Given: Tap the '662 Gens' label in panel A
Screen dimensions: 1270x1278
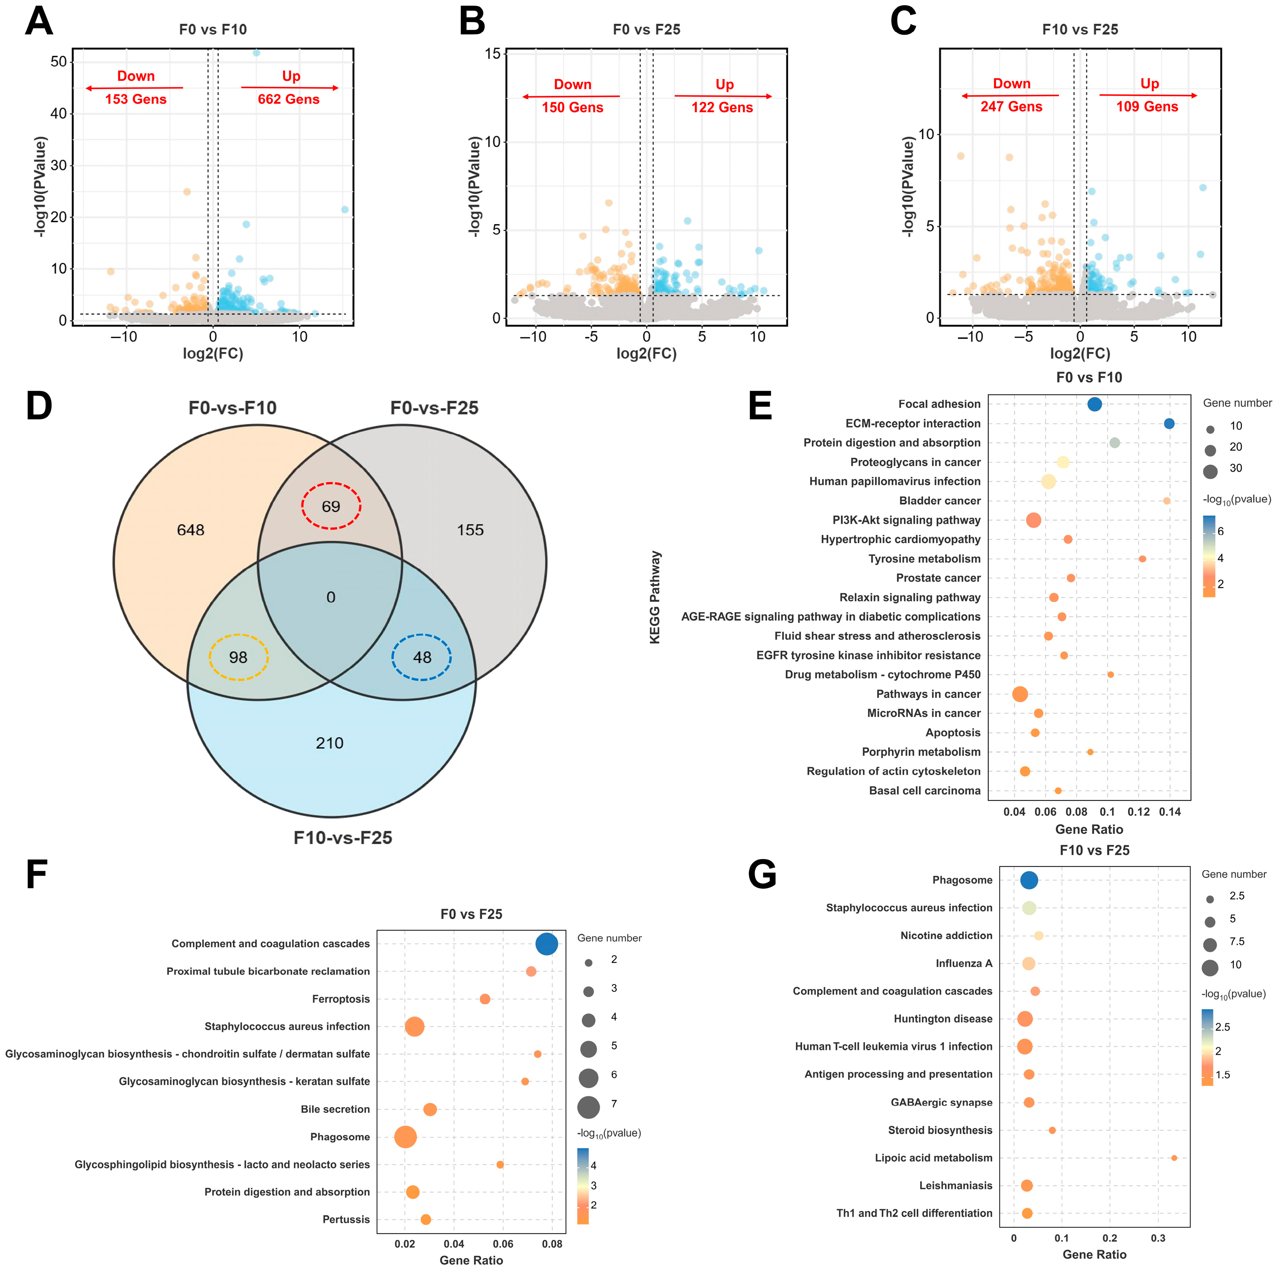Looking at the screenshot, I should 288,99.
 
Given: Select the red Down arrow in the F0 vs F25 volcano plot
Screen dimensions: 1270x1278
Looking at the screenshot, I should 571,96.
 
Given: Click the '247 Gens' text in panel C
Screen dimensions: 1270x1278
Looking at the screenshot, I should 1011,107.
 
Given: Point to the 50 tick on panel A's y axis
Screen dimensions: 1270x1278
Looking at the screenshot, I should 59,62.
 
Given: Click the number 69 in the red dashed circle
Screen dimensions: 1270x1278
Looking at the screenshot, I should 331,506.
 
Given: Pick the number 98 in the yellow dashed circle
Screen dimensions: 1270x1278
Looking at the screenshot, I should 238,657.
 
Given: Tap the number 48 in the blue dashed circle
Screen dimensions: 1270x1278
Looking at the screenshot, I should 422,657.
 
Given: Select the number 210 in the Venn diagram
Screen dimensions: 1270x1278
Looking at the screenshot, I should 329,743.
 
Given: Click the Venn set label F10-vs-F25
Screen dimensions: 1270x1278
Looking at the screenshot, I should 343,838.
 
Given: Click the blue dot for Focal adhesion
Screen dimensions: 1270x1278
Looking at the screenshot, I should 1095,404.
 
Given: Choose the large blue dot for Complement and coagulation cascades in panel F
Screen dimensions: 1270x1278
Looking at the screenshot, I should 546,943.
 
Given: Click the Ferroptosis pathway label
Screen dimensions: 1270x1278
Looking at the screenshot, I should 341,999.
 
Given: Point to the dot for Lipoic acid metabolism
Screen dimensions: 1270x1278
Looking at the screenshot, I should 1174,1158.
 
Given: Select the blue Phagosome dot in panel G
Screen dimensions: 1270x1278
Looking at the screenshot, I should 1029,880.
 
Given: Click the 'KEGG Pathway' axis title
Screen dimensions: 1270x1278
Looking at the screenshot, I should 655,597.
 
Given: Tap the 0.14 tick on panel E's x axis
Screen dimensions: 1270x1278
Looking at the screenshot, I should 1169,812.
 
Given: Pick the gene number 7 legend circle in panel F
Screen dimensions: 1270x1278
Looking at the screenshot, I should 588,1107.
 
